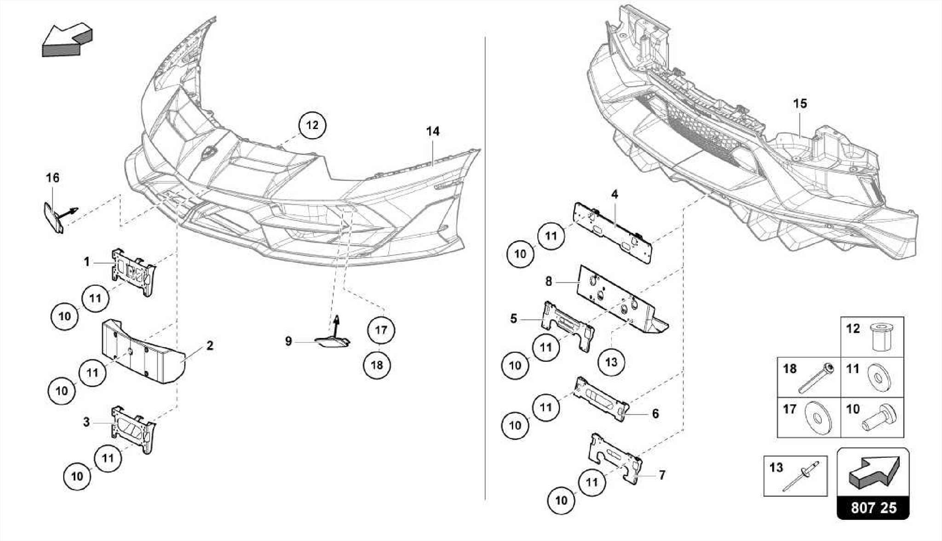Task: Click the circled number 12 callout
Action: click(312, 125)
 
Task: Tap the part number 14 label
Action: click(432, 131)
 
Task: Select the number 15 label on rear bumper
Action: click(800, 103)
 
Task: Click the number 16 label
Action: click(53, 177)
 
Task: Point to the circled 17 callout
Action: click(381, 330)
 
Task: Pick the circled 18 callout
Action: click(377, 365)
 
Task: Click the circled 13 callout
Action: click(611, 362)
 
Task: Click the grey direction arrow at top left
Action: click(67, 40)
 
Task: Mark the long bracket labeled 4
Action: click(613, 233)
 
